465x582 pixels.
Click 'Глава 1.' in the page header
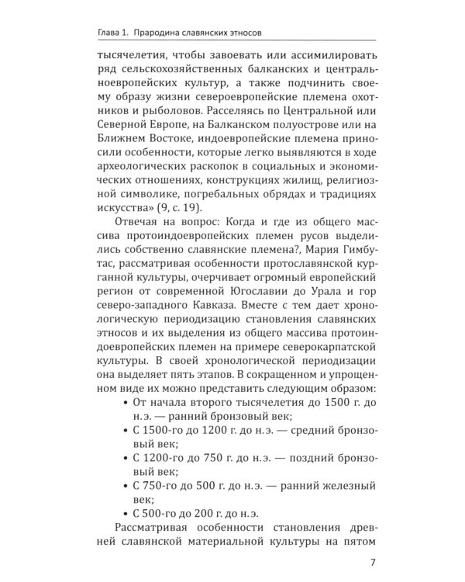point(108,33)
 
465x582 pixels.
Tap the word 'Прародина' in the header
point(160,33)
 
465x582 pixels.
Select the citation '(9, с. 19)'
point(175,209)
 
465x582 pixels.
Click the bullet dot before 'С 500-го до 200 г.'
point(126,513)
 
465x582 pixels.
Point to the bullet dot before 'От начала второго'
point(126,404)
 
